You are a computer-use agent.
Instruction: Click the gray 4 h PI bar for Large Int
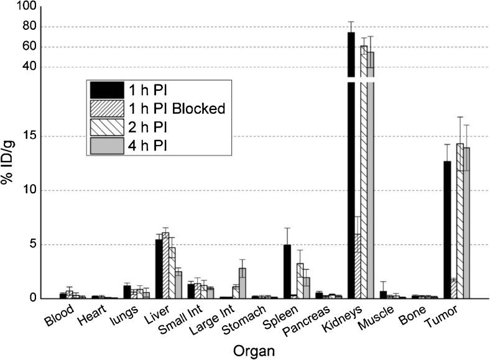tap(243, 283)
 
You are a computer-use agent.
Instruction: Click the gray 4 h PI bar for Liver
tap(178, 285)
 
